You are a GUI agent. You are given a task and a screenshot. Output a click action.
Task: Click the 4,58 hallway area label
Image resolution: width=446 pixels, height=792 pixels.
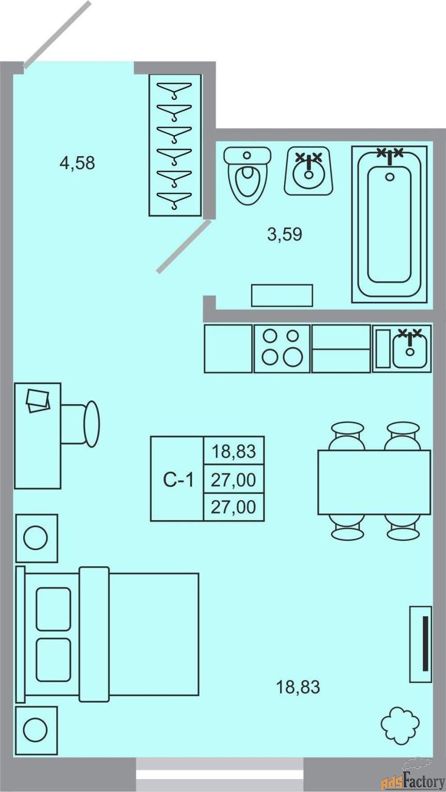(77, 163)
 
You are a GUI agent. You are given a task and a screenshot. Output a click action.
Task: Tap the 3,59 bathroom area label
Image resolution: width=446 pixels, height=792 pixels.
(284, 235)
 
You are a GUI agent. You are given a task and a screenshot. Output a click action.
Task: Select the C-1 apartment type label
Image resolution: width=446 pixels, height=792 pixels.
(178, 480)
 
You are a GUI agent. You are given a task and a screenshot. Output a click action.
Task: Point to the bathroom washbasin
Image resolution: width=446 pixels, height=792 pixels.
(308, 171)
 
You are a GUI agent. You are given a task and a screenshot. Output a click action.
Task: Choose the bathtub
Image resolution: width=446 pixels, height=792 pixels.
(389, 224)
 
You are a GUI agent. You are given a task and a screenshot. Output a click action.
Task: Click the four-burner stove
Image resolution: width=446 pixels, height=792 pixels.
(282, 349)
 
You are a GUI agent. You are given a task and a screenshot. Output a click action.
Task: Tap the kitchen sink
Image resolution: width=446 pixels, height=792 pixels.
(409, 349)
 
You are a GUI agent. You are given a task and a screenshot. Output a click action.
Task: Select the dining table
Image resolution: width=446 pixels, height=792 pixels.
(374, 482)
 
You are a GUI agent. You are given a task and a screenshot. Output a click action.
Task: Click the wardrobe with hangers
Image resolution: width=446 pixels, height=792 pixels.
(175, 145)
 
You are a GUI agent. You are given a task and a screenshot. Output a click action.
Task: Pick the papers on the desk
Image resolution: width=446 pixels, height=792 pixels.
(38, 400)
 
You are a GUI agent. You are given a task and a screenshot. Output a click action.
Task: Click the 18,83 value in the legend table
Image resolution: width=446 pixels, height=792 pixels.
(234, 452)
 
